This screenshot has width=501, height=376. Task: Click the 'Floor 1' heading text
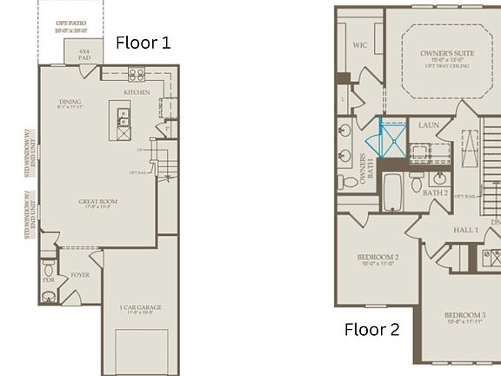point(144,43)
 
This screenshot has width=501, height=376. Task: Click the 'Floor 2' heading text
point(372,330)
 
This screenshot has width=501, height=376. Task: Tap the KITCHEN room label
point(137,92)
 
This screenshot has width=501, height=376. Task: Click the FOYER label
point(80,275)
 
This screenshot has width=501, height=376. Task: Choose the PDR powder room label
point(48,280)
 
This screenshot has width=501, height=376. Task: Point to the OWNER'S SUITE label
point(446,54)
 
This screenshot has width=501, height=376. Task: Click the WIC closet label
point(360,45)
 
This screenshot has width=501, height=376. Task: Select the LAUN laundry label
point(428,125)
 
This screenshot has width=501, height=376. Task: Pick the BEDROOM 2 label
point(378,258)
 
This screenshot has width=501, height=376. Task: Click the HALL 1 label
point(465,230)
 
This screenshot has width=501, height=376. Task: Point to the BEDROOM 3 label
point(465,316)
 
